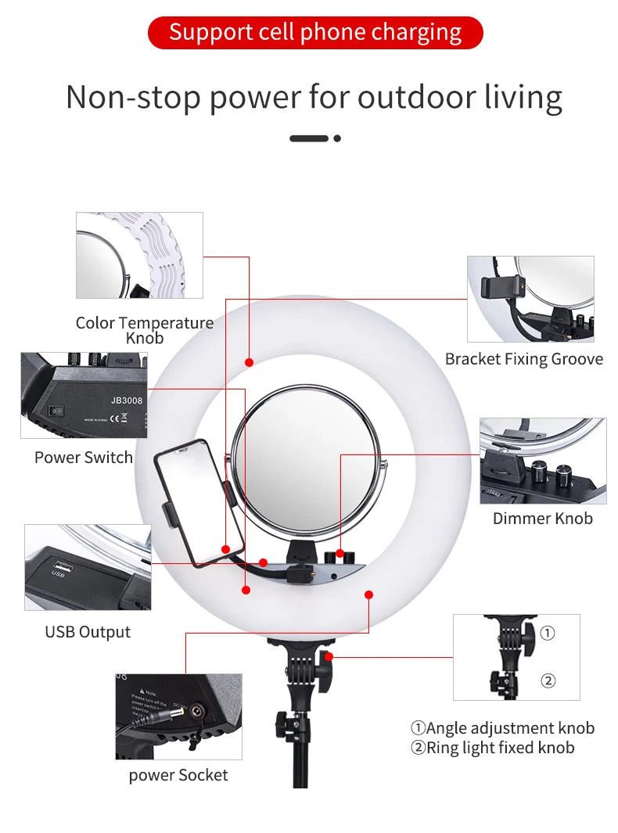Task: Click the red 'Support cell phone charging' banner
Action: (x=315, y=33)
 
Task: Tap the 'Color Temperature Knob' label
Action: (x=145, y=330)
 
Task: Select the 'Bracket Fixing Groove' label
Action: (x=524, y=359)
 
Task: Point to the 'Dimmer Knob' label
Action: (x=542, y=518)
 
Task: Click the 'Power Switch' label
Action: (x=84, y=458)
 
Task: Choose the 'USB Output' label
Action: (x=88, y=632)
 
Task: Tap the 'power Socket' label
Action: (x=178, y=775)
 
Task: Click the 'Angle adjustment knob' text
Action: (x=510, y=728)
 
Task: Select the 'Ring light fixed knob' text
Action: (x=501, y=748)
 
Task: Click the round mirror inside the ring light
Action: (x=307, y=461)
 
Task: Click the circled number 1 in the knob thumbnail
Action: (x=548, y=634)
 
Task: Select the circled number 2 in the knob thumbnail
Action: (x=548, y=680)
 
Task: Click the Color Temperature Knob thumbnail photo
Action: (x=139, y=255)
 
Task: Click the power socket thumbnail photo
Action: (x=178, y=716)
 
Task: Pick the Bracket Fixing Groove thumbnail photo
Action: (x=530, y=299)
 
